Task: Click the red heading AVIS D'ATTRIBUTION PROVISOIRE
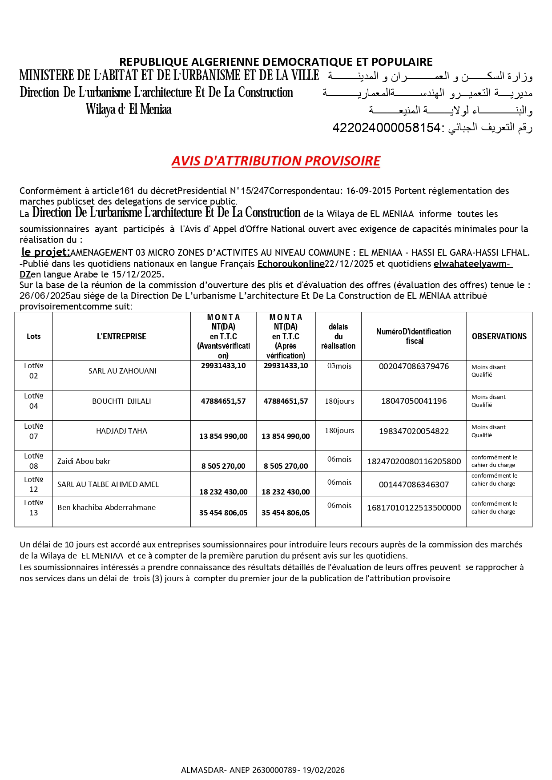(x=276, y=161)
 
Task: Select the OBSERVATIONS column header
(x=499, y=337)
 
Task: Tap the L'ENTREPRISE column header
(x=121, y=337)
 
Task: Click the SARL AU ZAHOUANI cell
(x=122, y=371)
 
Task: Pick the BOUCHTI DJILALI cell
(x=121, y=401)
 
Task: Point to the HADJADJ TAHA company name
(x=121, y=431)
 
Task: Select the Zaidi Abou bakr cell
(x=84, y=461)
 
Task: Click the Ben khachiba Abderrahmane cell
(x=106, y=507)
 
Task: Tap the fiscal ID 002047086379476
(x=414, y=366)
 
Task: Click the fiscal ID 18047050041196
(x=414, y=401)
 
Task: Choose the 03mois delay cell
(x=339, y=366)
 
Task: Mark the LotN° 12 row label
(x=34, y=484)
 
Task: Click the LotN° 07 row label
(x=34, y=431)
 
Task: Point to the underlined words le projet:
(x=46, y=252)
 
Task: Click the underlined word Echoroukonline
(x=291, y=264)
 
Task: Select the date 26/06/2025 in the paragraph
(x=45, y=296)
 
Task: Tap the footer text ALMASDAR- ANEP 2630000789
(x=240, y=770)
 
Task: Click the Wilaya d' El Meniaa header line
(x=129, y=109)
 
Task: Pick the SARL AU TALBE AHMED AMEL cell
(x=108, y=484)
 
